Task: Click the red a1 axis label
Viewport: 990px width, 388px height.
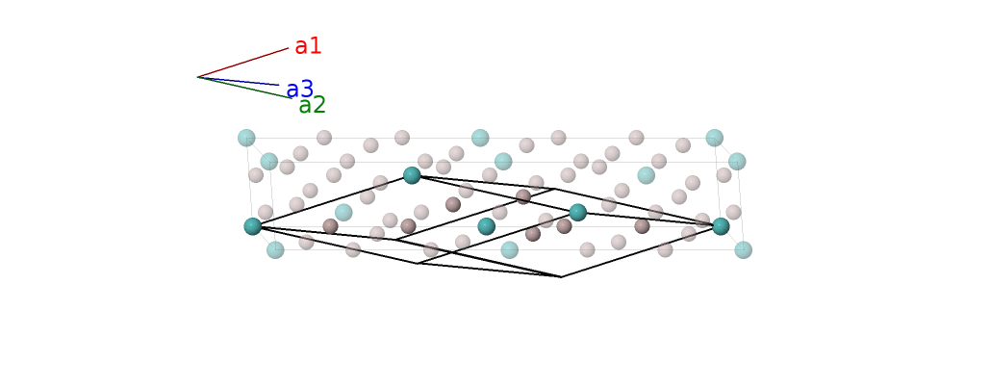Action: [308, 46]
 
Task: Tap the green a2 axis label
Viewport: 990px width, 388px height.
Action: [312, 106]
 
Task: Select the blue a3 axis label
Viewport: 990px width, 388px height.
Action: [300, 90]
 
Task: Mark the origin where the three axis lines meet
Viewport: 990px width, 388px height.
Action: [198, 77]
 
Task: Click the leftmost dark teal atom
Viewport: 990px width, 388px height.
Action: [253, 226]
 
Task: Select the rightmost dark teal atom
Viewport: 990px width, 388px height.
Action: [721, 226]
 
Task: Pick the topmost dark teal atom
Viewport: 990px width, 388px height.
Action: [412, 175]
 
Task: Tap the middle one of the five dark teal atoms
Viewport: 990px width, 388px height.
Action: [487, 226]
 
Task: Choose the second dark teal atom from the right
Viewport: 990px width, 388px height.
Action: [577, 212]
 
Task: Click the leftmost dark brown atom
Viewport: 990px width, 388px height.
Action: [330, 226]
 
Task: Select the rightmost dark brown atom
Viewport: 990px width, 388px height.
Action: [642, 226]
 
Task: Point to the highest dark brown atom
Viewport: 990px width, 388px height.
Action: [523, 196]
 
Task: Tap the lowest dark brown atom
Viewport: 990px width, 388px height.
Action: [533, 234]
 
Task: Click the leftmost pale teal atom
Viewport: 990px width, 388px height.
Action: [246, 138]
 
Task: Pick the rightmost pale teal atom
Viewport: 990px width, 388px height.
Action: [743, 250]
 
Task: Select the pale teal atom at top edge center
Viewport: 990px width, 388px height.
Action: [480, 138]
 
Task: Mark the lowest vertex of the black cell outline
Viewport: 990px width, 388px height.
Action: [561, 276]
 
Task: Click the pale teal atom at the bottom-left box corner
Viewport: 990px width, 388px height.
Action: [275, 250]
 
